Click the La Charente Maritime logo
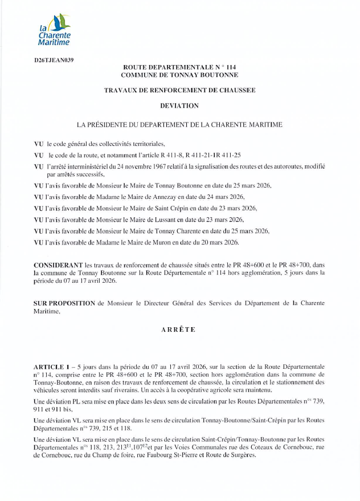tap(54, 31)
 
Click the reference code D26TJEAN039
tap(54, 59)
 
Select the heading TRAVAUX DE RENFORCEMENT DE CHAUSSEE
tap(179, 90)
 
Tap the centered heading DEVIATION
tap(179, 105)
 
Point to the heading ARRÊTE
tap(179, 329)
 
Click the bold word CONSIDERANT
tap(58, 266)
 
